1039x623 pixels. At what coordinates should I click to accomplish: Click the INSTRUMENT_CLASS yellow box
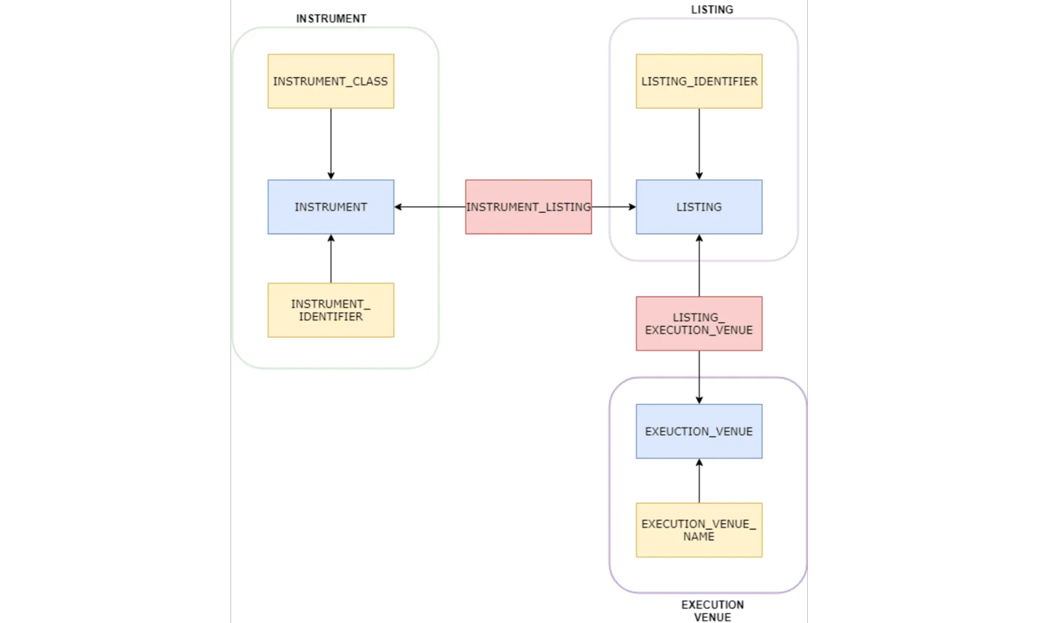[x=331, y=81]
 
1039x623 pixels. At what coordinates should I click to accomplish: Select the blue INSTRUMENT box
[x=331, y=207]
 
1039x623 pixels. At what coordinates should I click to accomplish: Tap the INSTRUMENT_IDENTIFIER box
[x=331, y=310]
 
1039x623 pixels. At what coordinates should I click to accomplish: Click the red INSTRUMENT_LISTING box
[x=528, y=207]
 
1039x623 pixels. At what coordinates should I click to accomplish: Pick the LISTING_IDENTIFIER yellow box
[x=699, y=81]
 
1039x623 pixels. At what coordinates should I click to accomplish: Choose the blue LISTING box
[x=699, y=207]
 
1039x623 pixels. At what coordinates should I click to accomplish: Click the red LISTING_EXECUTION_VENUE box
[x=699, y=324]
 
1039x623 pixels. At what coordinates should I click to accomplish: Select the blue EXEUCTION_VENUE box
[x=699, y=432]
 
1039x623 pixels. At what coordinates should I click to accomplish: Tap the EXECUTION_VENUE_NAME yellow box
[x=699, y=530]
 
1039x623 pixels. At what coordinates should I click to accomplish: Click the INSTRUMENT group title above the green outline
[x=331, y=19]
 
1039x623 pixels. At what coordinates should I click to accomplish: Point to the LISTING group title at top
[x=712, y=10]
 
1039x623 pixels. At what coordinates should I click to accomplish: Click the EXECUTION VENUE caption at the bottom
[x=712, y=611]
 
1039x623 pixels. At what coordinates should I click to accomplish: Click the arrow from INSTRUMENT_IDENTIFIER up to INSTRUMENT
[x=331, y=259]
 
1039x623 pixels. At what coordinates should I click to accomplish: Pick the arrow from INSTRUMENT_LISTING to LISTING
[x=614, y=207]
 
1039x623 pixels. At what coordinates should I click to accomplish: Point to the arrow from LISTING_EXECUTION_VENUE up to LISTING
[x=699, y=266]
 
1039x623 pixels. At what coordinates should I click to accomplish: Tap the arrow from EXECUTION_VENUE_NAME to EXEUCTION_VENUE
[x=699, y=481]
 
